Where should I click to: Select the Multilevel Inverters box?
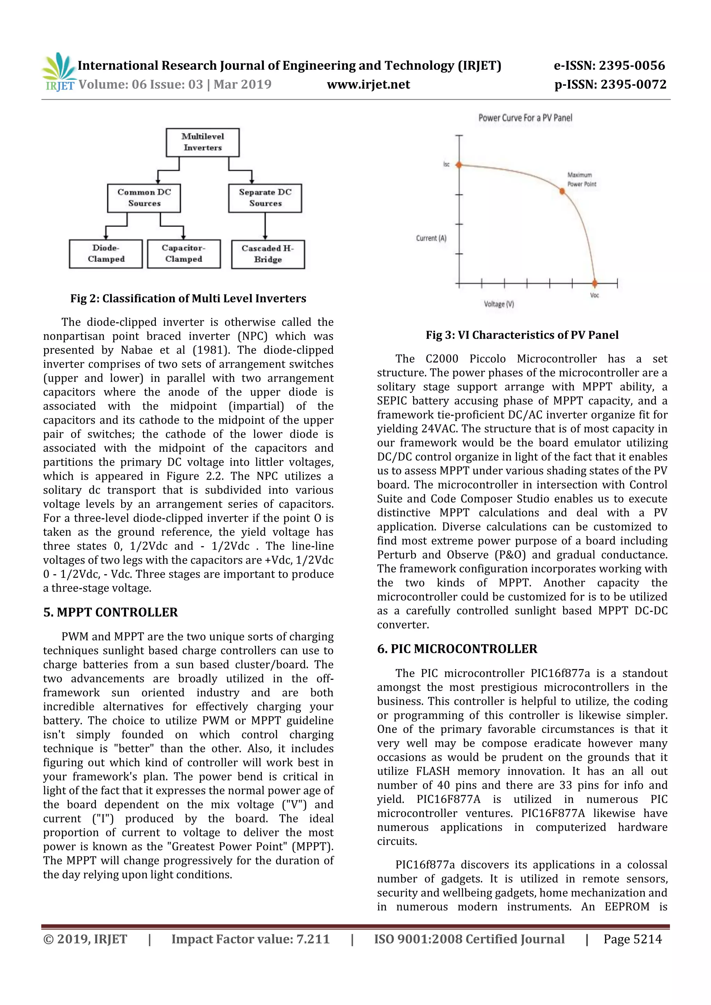tap(202, 142)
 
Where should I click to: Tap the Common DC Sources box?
tap(144, 198)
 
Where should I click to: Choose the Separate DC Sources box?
tap(265, 198)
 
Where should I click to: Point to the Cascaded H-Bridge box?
tap(268, 254)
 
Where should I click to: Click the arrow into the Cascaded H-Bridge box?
tap(265, 228)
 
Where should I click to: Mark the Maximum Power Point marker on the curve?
tap(562, 191)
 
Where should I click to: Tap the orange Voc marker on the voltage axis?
tap(595, 283)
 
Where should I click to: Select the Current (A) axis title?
tap(431, 238)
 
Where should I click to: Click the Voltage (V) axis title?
tap(499, 304)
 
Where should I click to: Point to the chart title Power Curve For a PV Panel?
tap(525, 118)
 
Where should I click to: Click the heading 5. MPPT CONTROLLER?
tap(110, 612)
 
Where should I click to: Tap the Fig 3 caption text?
tap(522, 335)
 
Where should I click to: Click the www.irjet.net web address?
tap(368, 84)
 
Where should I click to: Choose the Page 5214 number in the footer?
tap(632, 939)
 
